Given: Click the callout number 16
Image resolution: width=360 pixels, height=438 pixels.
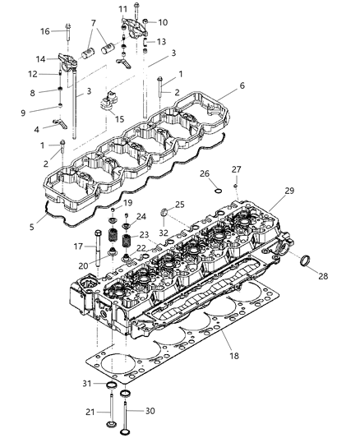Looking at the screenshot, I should tap(44, 31).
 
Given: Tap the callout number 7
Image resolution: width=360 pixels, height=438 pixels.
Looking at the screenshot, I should tap(93, 22).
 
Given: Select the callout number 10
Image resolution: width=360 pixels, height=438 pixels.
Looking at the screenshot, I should tap(163, 22).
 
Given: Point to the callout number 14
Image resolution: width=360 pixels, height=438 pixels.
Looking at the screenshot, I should tap(41, 59).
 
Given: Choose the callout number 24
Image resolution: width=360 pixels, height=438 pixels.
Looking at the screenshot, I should tap(141, 218).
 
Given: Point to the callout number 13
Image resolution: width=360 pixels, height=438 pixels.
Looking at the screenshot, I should tap(161, 42).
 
